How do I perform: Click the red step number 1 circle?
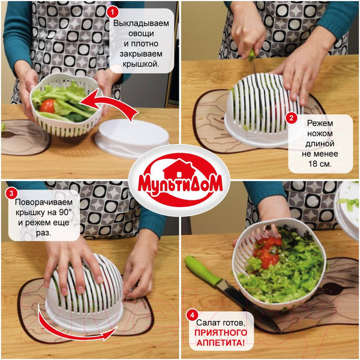(x=113, y=12)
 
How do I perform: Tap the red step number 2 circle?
(x=292, y=118)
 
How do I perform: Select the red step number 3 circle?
(x=11, y=193)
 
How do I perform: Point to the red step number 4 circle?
(x=192, y=316)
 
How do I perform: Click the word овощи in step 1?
(x=141, y=34)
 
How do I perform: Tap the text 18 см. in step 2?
(x=320, y=164)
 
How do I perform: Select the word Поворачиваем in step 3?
(x=44, y=202)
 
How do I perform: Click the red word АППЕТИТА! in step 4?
(x=221, y=343)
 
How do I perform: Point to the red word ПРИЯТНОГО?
(x=221, y=332)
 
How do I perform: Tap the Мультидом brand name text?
(x=180, y=184)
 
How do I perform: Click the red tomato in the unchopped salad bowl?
(x=47, y=106)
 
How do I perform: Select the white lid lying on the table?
(x=132, y=138)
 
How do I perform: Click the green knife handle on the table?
(x=203, y=271)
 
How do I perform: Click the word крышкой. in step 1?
(x=141, y=64)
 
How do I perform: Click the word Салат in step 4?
(x=206, y=323)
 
